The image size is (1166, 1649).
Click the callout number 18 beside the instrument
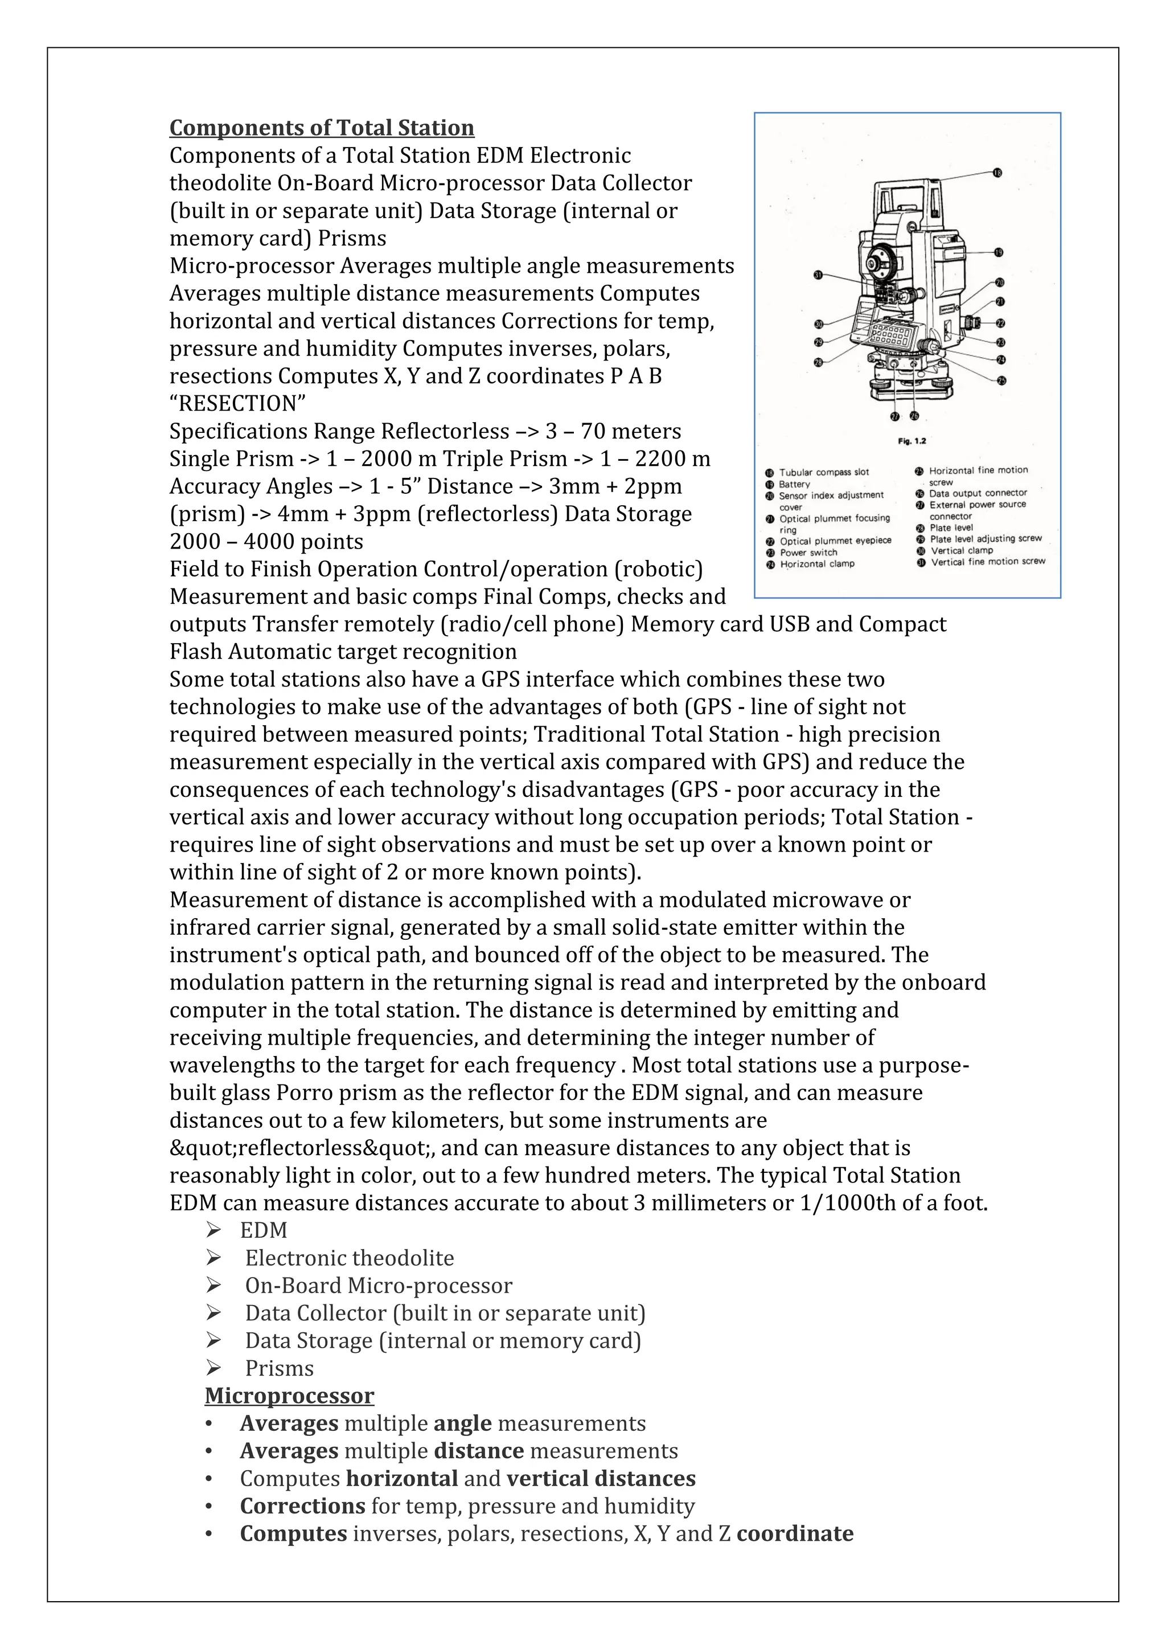997,173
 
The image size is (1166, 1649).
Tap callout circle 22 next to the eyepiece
1000,323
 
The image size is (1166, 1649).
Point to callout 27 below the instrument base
894,416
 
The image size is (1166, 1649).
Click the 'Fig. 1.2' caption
912,441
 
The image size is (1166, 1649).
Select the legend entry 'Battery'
794,484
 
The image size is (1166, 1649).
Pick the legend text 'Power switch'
808,553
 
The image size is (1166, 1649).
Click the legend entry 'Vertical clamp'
962,550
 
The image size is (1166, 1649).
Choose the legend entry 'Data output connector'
978,493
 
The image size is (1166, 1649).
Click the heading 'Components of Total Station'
322,128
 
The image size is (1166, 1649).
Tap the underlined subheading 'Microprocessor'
289,1395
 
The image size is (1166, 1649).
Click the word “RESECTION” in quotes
237,404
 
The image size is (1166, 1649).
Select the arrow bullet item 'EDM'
264,1230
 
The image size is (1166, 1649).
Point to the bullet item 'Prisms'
280,1368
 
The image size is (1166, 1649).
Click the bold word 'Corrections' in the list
302,1506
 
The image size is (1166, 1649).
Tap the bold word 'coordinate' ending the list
795,1533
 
